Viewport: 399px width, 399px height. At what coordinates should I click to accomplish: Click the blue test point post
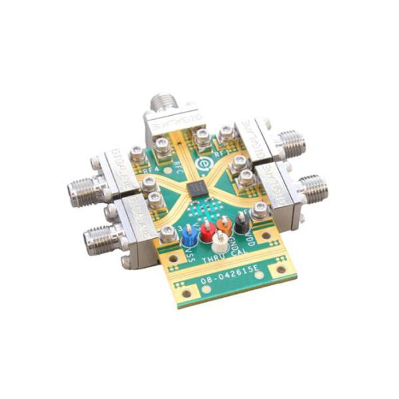click(x=190, y=234)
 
